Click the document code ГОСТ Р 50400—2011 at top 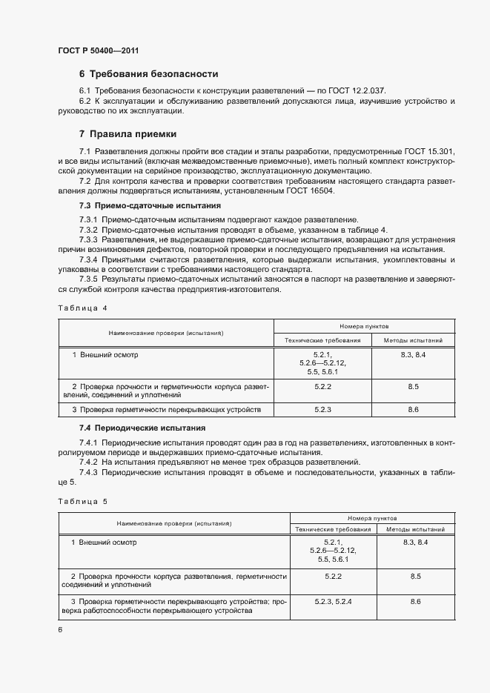click(99, 50)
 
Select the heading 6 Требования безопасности click(148, 74)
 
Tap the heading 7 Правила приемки click(128, 134)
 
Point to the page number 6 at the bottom click(60, 629)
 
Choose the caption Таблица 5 click(82, 502)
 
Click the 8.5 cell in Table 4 click(413, 387)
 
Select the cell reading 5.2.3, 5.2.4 click(332, 600)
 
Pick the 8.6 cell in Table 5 click(414, 600)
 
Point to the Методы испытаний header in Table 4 click(413, 340)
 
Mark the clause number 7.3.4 click(89, 260)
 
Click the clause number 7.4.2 click(89, 461)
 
